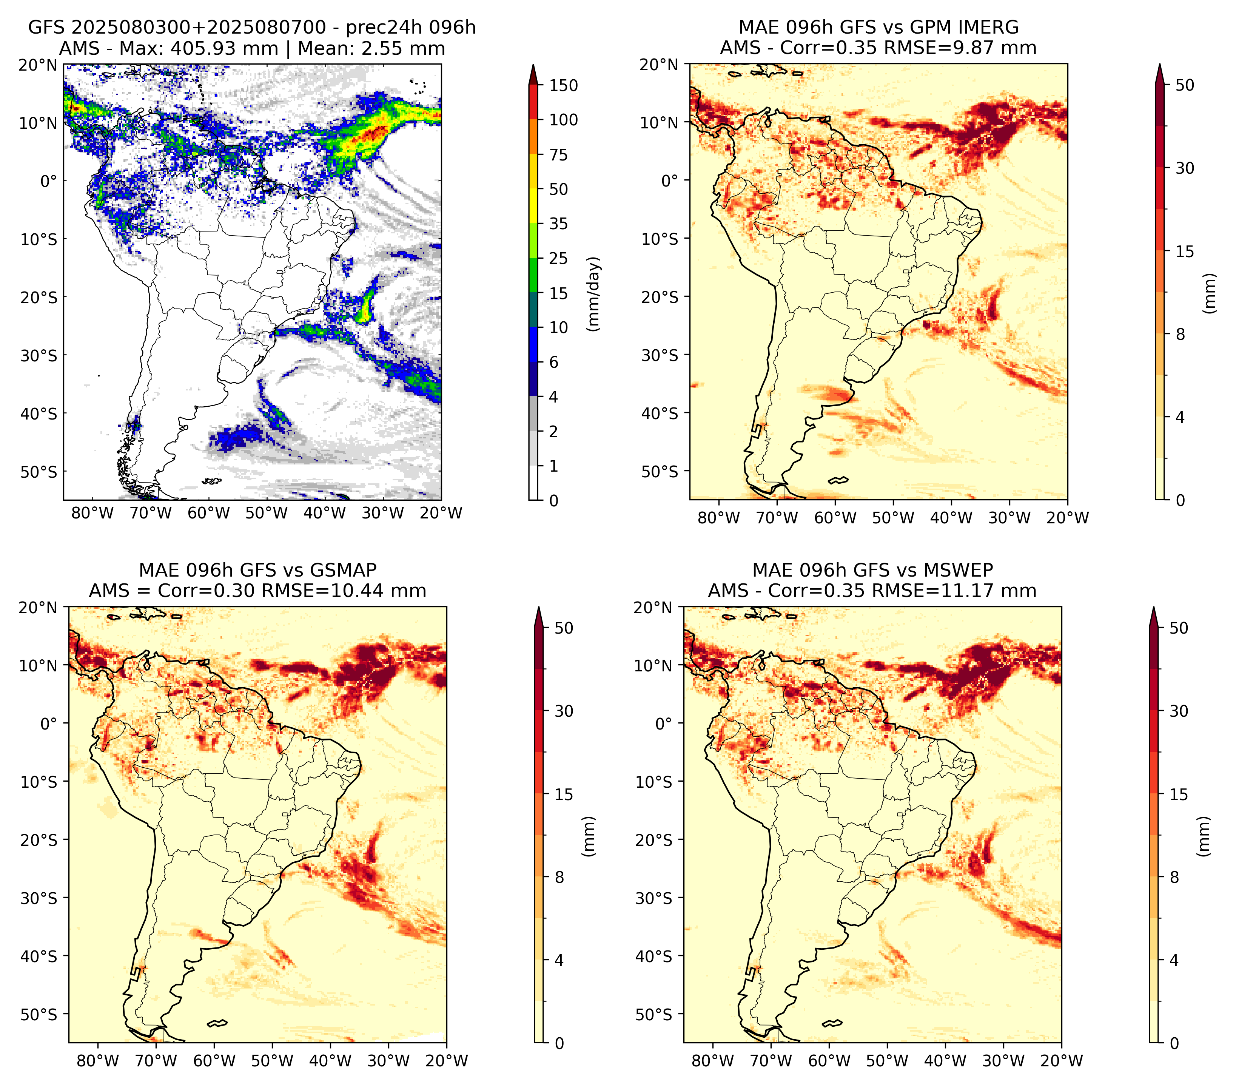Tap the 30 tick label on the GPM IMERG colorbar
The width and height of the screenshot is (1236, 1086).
point(1185,168)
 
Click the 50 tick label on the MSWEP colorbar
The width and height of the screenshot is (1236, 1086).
point(1179,628)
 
